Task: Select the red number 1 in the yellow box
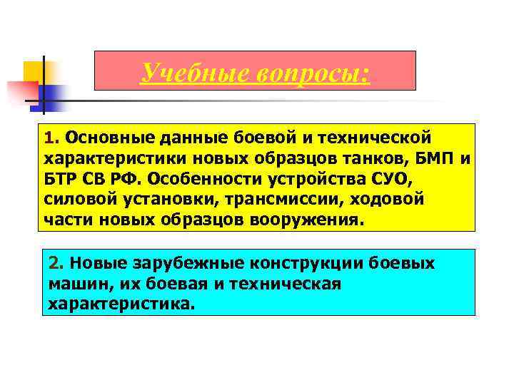point(49,136)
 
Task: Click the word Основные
point(99,136)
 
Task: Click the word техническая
point(290,284)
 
